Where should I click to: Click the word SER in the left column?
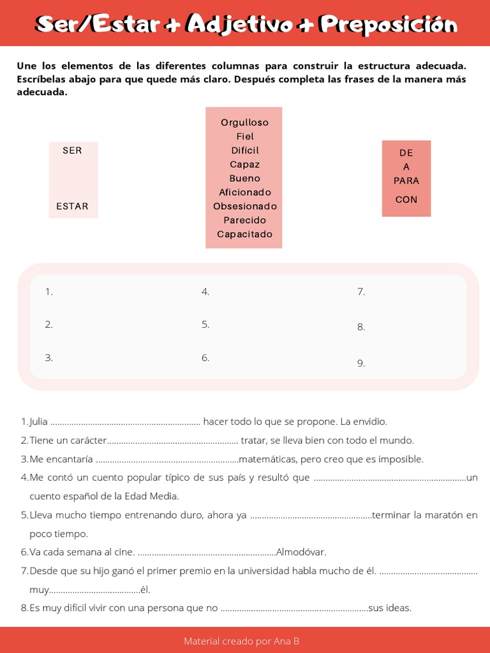click(x=72, y=150)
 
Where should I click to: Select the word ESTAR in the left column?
click(x=72, y=206)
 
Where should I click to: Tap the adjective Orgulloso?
click(x=244, y=122)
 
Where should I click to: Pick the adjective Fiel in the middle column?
click(x=245, y=136)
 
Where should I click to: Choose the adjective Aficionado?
click(x=245, y=192)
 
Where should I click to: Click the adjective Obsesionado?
click(x=245, y=206)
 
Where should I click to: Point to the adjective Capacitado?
click(x=244, y=234)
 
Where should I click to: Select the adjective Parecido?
click(x=244, y=220)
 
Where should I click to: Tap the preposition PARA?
click(x=406, y=180)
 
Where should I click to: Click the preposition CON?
click(x=406, y=200)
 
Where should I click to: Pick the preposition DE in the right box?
click(x=406, y=153)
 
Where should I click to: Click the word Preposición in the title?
click(x=389, y=24)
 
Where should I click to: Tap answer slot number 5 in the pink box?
click(x=205, y=325)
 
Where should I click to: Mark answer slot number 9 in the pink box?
click(x=361, y=363)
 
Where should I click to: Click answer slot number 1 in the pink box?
click(x=48, y=292)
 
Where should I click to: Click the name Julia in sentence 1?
click(x=38, y=422)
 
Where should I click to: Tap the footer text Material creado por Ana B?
click(x=241, y=641)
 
